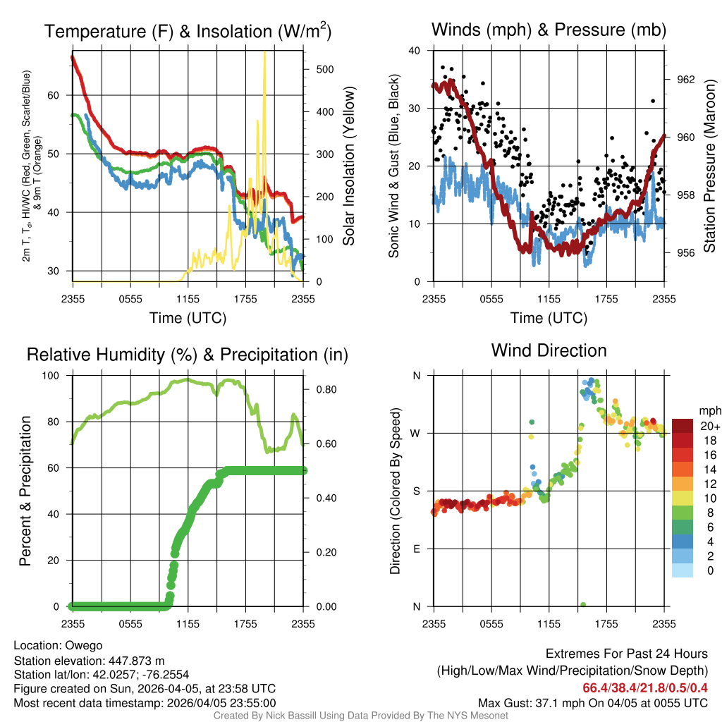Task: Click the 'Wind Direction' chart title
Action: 549,350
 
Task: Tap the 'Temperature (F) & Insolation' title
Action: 188,32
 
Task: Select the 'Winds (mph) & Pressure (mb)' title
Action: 549,30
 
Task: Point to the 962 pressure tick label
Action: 686,80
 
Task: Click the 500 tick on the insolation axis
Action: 325,69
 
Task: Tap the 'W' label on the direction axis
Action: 417,433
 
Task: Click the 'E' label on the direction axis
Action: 417,549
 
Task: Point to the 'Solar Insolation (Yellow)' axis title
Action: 349,166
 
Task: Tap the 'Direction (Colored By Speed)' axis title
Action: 395,491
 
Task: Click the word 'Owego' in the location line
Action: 84,646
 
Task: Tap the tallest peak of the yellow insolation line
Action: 264,54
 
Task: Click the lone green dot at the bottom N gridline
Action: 583,605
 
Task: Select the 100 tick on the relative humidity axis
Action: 55,376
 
